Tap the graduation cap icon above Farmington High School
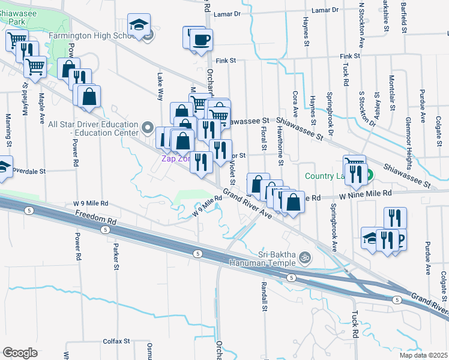(139, 25)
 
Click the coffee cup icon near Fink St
(201, 40)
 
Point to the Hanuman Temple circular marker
(304, 257)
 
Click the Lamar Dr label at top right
(327, 11)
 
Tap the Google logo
(20, 353)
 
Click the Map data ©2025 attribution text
(423, 355)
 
